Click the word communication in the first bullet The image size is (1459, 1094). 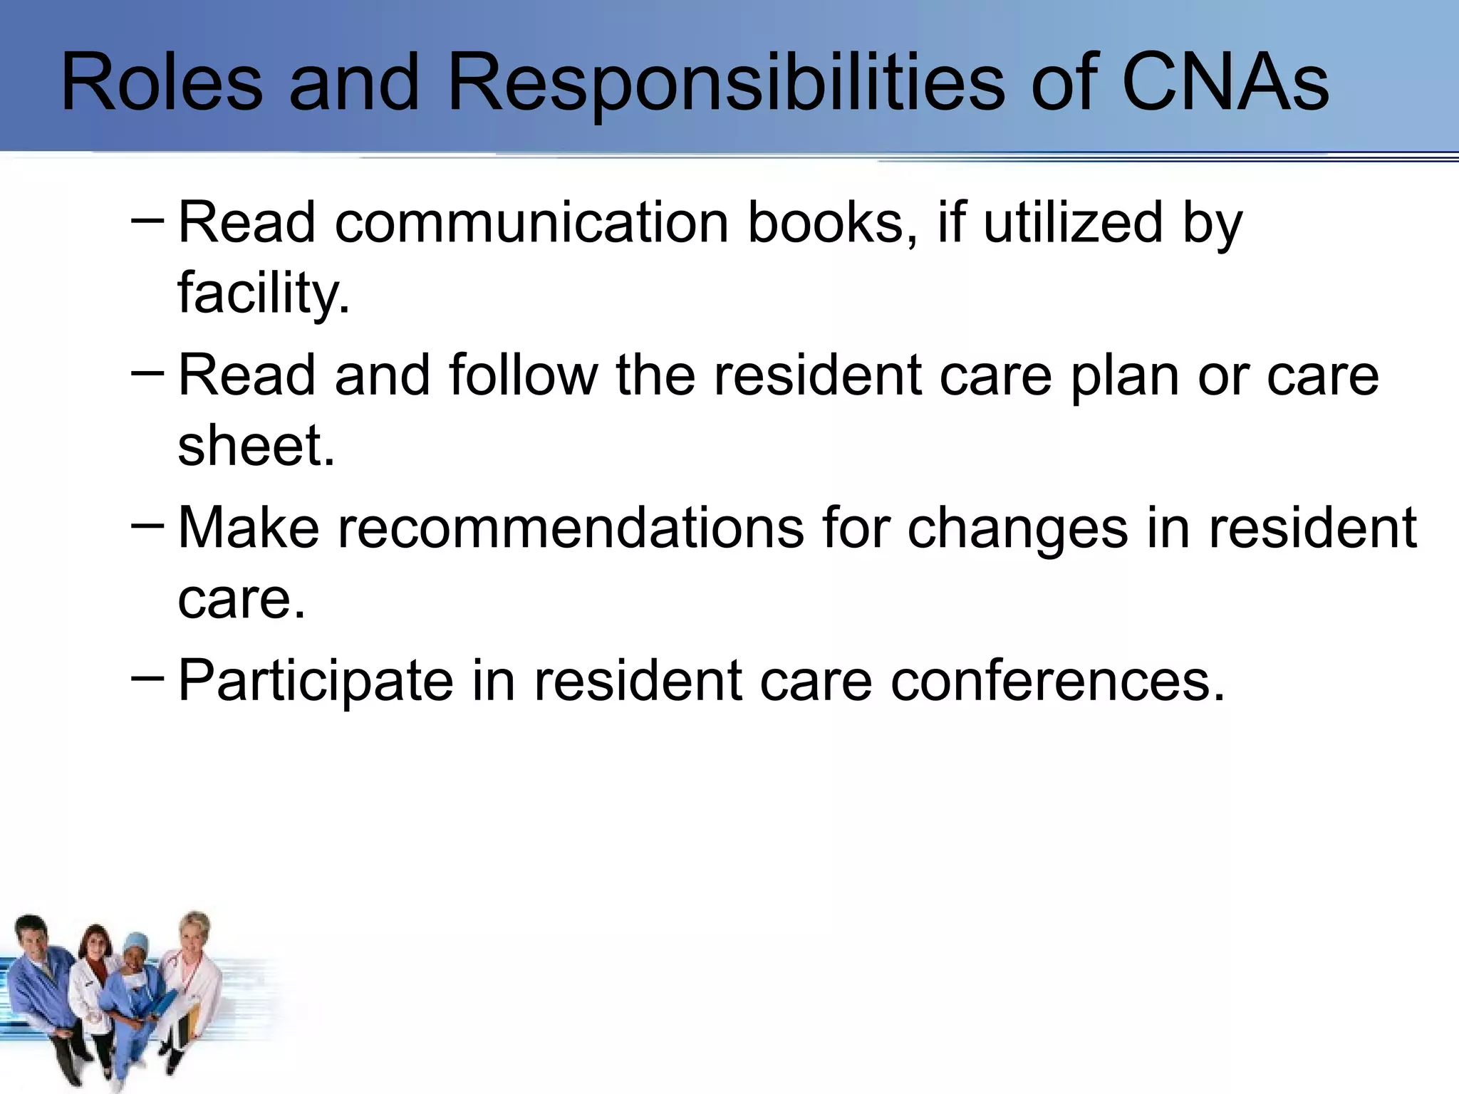click(531, 222)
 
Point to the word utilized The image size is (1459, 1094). click(1073, 222)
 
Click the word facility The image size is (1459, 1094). click(264, 293)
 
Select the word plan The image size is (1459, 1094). click(1125, 376)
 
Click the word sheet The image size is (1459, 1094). click(256, 446)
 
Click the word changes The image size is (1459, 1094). click(1018, 529)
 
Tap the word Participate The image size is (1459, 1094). click(316, 681)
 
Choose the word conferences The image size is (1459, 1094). click(1057, 681)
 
